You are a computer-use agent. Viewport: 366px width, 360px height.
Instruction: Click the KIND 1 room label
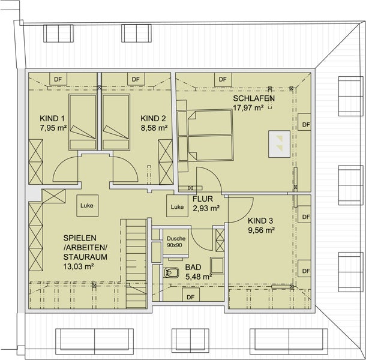pyautogui.click(x=52, y=118)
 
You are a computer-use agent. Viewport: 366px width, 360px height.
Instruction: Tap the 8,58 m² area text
pyautogui.click(x=154, y=128)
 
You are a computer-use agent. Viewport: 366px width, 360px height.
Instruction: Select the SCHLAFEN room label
pyautogui.click(x=254, y=98)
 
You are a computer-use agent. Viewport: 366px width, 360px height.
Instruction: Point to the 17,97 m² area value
pyautogui.click(x=248, y=108)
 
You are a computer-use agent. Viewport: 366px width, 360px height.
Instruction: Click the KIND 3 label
pyautogui.click(x=260, y=221)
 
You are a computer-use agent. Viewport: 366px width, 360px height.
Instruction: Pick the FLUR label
pyautogui.click(x=203, y=199)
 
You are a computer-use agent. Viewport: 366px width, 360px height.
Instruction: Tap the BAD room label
pyautogui.click(x=193, y=267)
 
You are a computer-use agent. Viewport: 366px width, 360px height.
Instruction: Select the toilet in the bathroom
pyautogui.click(x=171, y=272)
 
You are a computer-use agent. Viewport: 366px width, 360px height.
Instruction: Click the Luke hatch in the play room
pyautogui.click(x=87, y=205)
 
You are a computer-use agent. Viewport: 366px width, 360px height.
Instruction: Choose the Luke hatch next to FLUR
pyautogui.click(x=177, y=206)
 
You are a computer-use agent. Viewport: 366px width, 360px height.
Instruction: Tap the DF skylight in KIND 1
pyautogui.click(x=58, y=79)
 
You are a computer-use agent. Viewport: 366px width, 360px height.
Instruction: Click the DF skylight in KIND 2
pyautogui.click(x=136, y=79)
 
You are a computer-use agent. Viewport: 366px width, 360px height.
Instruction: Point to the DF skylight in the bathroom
pyautogui.click(x=191, y=295)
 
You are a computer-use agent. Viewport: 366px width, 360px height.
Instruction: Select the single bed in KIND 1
pyautogui.click(x=83, y=122)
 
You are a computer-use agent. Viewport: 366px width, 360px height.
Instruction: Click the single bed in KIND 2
pyautogui.click(x=116, y=122)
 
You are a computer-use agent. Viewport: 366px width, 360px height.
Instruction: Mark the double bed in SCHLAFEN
pyautogui.click(x=205, y=136)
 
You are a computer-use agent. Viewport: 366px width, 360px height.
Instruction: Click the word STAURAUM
pyautogui.click(x=85, y=257)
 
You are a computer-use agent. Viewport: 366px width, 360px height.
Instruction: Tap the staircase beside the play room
pyautogui.click(x=136, y=263)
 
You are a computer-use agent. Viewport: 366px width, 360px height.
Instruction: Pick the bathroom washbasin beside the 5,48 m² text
pyautogui.click(x=217, y=265)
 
